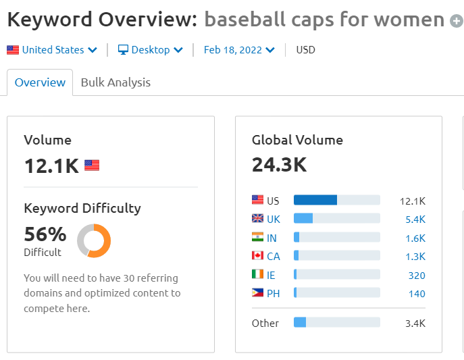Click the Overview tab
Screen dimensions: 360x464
point(40,82)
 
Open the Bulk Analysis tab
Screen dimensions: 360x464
point(115,82)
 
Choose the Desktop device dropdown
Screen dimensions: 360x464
point(150,50)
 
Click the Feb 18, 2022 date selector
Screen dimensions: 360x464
point(239,50)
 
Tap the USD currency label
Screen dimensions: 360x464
point(305,50)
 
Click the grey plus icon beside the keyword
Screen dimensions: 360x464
point(457,20)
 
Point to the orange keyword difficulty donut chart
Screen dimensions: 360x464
point(94,240)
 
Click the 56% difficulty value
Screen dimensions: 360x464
point(45,234)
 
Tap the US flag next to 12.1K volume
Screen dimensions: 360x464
point(92,165)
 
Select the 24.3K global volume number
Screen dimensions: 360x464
point(279,165)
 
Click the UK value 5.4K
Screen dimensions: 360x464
point(415,220)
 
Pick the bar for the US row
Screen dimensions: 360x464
point(336,201)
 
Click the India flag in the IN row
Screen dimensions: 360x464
point(257,238)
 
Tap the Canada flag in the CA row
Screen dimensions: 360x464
point(257,256)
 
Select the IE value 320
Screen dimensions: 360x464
point(417,275)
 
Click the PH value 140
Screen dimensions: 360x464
point(417,293)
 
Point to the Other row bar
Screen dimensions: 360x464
point(336,323)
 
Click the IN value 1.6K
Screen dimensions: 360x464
point(415,238)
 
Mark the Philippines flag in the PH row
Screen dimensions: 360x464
point(257,293)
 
